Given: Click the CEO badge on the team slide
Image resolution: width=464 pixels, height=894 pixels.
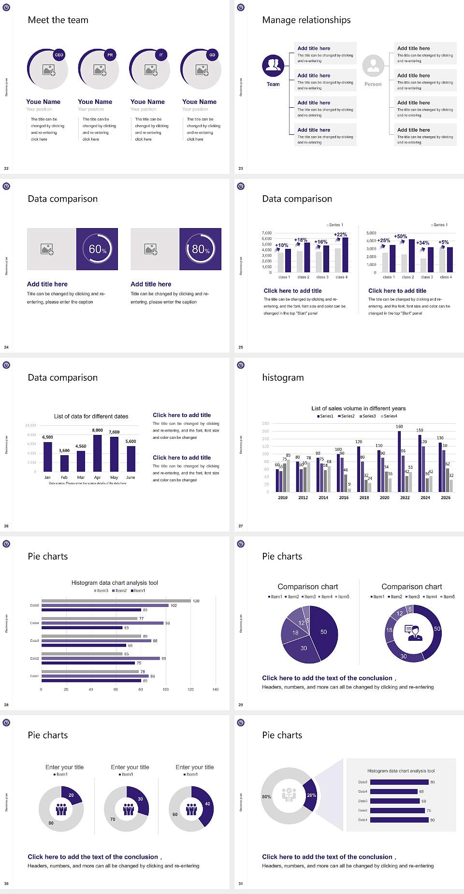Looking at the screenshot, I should point(59,55).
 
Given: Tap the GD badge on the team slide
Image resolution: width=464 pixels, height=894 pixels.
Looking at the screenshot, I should point(212,55).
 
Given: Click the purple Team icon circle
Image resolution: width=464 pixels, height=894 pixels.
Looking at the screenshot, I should point(273,66).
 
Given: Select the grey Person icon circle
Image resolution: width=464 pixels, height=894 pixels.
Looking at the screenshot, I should point(373,66).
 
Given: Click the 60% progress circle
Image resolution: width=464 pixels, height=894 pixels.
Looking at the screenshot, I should point(97,249).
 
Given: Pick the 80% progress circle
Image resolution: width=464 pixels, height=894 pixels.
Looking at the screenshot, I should point(201,249).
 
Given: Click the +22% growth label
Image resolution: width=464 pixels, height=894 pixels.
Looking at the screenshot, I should point(340,234).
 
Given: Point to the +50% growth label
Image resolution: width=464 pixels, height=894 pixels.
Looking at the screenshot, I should point(400,236).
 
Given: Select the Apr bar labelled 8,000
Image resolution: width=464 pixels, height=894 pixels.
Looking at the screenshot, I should point(98,453).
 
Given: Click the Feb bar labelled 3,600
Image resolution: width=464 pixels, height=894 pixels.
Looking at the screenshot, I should point(64,463).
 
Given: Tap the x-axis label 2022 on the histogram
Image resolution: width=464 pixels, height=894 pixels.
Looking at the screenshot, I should point(405,497).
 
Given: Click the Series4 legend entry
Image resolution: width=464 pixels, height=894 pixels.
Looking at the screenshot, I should point(389,416).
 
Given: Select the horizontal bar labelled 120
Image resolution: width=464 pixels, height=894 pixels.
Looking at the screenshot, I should point(116,601).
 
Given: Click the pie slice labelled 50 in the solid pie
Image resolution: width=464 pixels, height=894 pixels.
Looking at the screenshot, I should point(324,632).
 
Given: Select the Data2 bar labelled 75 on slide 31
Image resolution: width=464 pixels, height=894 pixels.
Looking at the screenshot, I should point(397,810).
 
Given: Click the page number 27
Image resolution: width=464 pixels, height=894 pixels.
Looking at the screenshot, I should point(241,526).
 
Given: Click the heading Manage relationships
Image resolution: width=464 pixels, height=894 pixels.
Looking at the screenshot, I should point(306,20).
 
